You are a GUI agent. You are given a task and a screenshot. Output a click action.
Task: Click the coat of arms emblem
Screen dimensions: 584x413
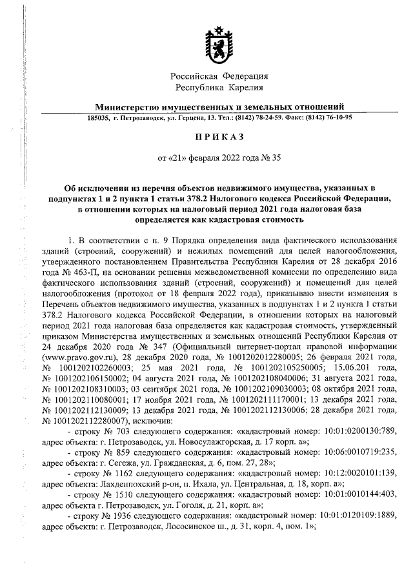tap(219, 45)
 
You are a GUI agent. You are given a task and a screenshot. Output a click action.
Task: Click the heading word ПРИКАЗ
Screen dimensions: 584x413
tap(219, 137)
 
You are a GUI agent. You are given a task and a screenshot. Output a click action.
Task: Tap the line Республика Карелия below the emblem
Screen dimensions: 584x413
tap(219, 86)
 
